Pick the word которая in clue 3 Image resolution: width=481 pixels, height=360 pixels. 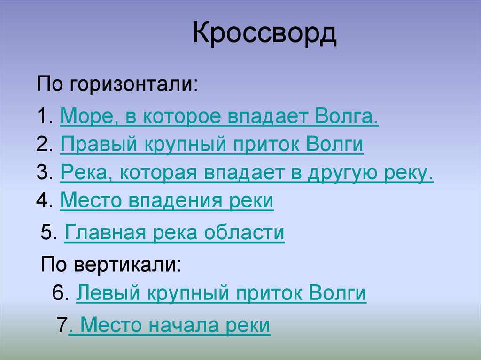click(161, 173)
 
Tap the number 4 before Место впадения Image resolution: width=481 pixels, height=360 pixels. click(42, 201)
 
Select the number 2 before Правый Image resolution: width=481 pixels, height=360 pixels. click(42, 145)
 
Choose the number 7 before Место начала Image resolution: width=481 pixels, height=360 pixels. click(62, 325)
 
